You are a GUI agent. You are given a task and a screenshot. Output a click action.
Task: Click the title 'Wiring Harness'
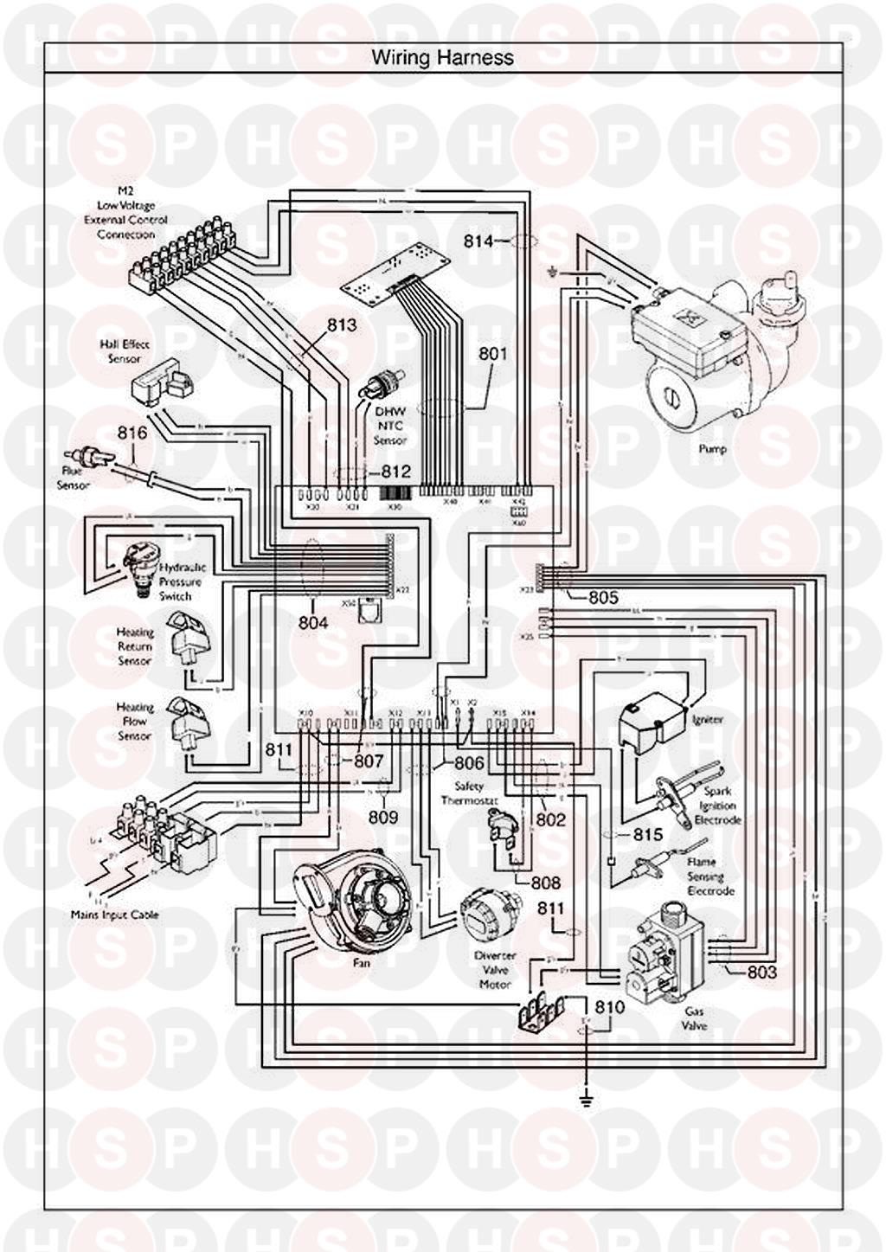[442, 58]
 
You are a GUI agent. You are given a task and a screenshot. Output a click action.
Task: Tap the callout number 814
[479, 241]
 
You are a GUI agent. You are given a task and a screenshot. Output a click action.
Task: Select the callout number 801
[493, 353]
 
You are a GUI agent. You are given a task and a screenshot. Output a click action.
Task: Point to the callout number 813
[342, 325]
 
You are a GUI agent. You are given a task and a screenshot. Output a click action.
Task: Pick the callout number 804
[312, 622]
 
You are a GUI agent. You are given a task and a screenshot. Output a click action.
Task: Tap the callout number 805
[602, 597]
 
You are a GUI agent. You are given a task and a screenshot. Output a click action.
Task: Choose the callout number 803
[761, 972]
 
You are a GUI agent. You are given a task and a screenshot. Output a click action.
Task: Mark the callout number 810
[609, 1007]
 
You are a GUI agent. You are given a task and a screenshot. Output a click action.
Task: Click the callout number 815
[647, 834]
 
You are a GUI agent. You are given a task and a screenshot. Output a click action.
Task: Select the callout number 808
[546, 883]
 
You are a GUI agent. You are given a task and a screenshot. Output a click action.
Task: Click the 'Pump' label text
[712, 449]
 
